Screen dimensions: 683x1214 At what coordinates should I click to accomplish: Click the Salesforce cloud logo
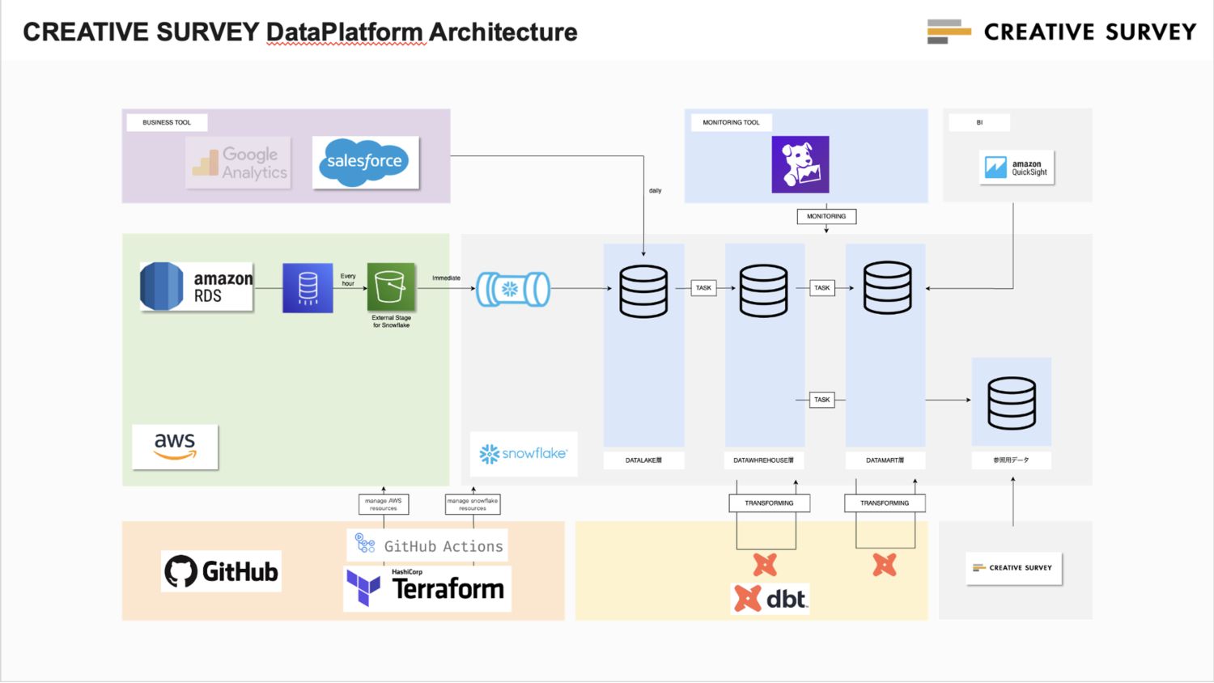tap(365, 162)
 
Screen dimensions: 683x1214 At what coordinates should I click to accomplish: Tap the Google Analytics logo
tap(238, 163)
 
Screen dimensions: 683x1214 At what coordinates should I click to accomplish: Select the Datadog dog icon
tap(800, 164)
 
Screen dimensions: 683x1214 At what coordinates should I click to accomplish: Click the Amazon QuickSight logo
tap(1017, 168)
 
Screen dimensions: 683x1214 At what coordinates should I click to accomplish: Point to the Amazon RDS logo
tap(197, 286)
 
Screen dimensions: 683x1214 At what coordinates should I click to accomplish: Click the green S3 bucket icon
tap(391, 286)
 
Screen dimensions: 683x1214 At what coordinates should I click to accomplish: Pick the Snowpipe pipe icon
tap(513, 289)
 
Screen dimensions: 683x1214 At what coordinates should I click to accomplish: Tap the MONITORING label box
tap(826, 216)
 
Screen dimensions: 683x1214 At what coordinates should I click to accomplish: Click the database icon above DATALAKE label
tap(643, 291)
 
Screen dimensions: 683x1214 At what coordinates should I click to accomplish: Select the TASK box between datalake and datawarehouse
tap(703, 288)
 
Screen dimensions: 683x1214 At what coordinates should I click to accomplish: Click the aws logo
tap(175, 446)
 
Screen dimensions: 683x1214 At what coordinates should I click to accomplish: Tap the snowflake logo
tap(524, 453)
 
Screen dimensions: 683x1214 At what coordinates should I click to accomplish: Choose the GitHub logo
tap(221, 571)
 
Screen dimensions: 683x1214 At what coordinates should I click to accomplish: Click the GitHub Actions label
tap(427, 546)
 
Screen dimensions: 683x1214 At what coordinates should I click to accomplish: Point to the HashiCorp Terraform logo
tap(427, 588)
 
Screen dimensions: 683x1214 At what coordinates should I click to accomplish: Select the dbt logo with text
tap(770, 599)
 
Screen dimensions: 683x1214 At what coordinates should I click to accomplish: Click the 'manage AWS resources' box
tap(384, 504)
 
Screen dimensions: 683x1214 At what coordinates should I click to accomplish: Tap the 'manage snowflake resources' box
tap(473, 504)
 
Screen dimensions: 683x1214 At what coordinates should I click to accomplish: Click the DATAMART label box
tap(885, 460)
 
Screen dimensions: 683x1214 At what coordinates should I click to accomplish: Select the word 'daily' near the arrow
tap(655, 191)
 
